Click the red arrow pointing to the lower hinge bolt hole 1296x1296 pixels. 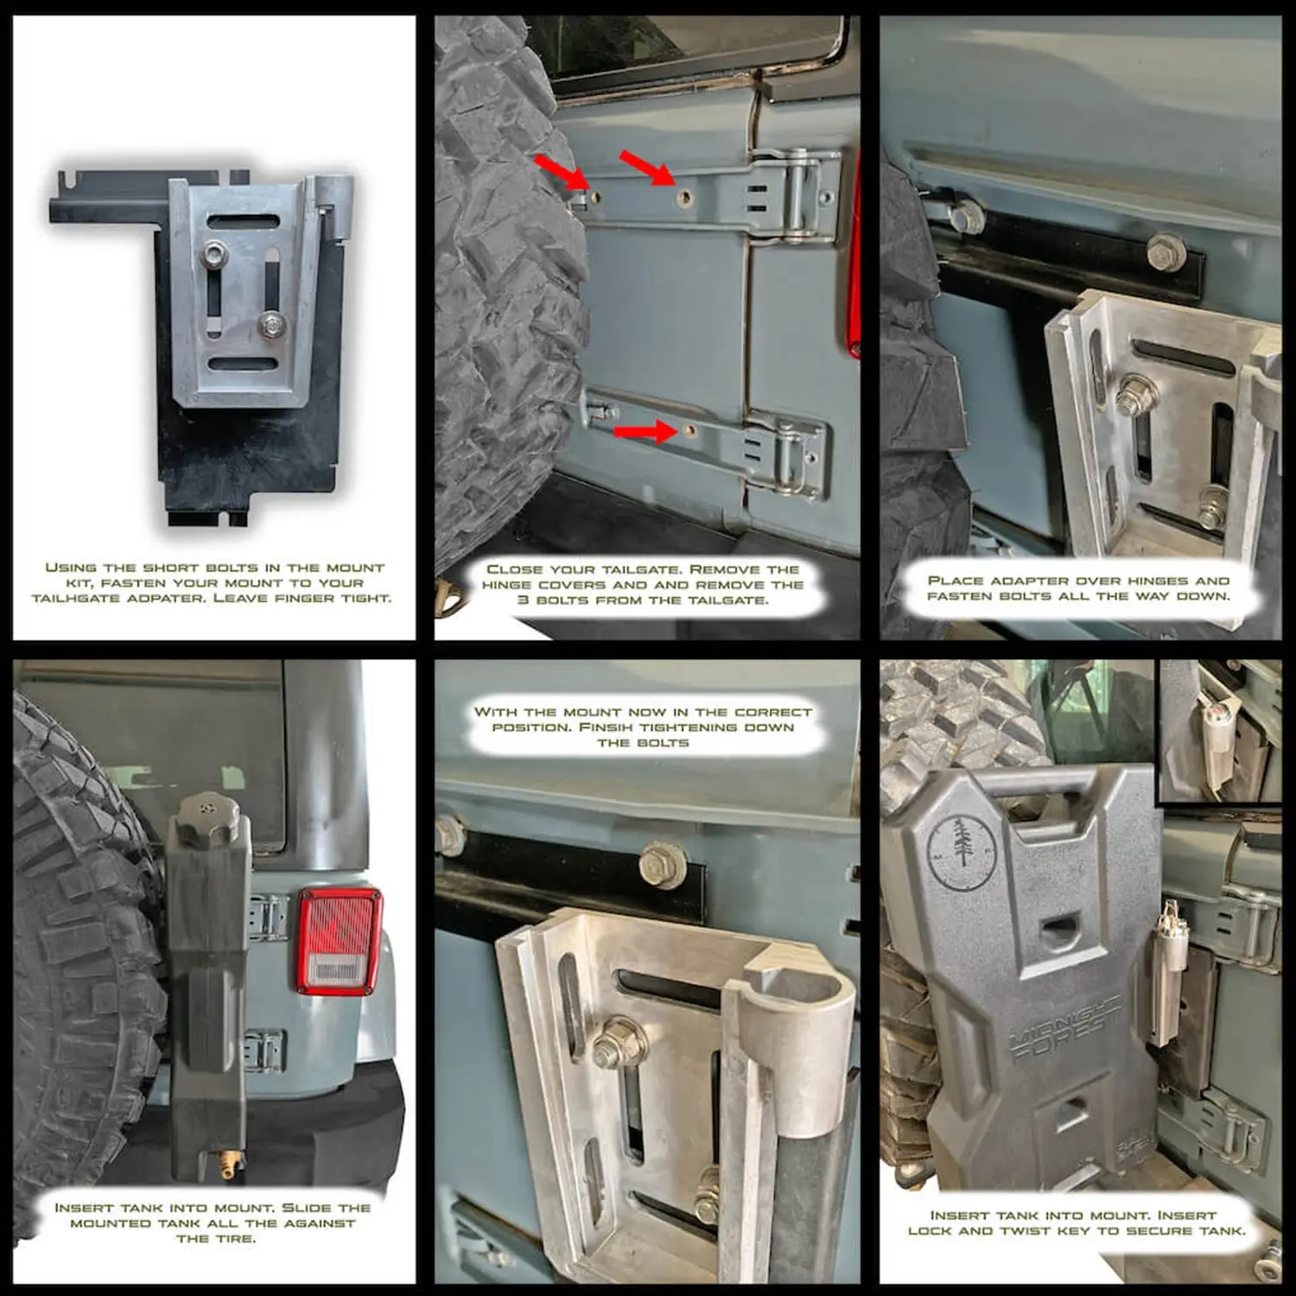tap(644, 429)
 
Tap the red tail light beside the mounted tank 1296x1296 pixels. tap(340, 940)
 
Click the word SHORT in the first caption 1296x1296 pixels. tap(171, 568)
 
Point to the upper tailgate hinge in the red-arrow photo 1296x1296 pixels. tap(793, 194)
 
